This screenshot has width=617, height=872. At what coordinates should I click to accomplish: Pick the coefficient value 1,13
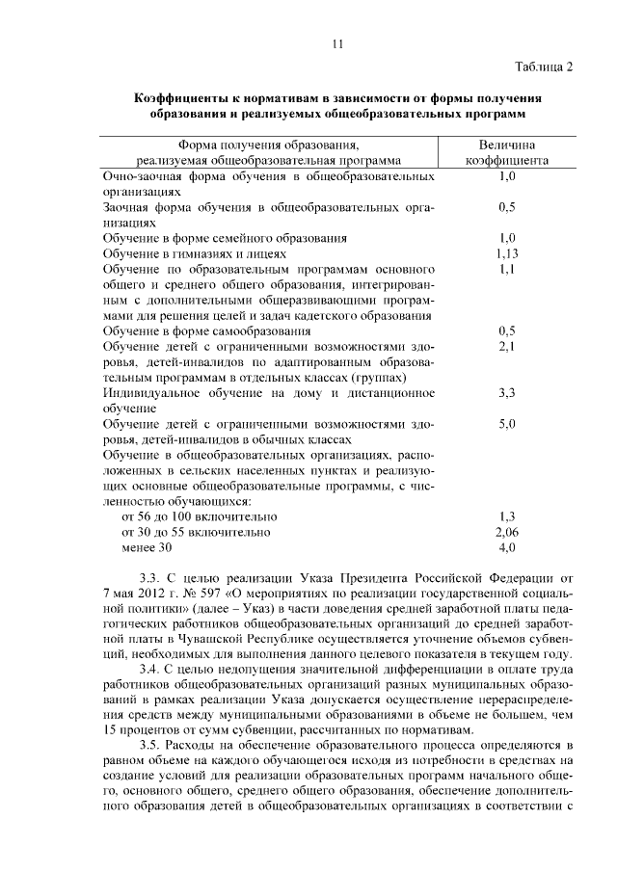tap(508, 253)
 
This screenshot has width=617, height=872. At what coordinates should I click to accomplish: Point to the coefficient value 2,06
tap(508, 532)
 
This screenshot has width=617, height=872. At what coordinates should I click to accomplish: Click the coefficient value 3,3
tap(508, 393)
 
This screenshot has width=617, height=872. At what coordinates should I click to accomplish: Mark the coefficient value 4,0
tap(508, 547)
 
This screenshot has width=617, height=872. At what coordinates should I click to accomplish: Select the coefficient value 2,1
tap(508, 347)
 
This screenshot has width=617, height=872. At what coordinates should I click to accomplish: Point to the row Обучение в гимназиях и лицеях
tap(194, 253)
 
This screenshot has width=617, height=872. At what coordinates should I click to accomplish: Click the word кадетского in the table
tap(325, 315)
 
